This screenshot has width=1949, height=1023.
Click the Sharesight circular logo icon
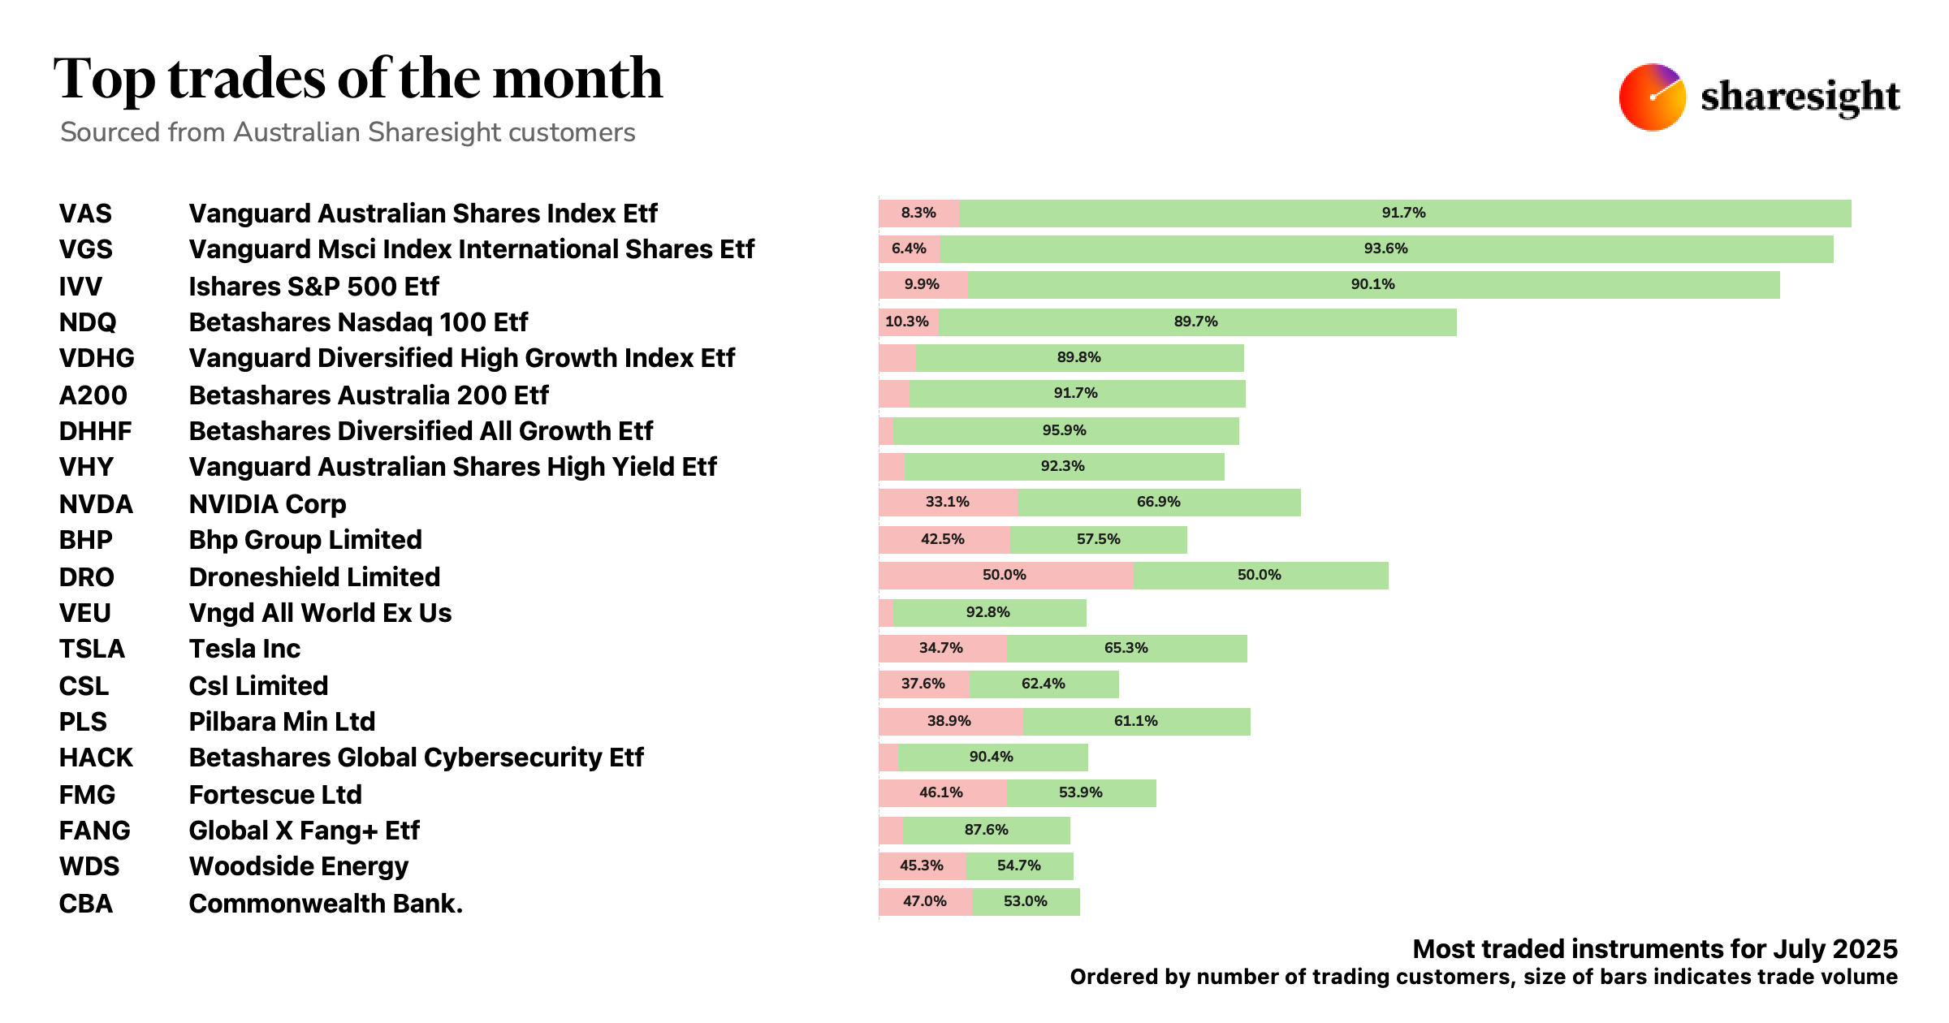(x=1652, y=97)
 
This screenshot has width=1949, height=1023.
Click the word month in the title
(x=577, y=79)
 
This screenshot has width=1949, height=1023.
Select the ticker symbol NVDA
(x=96, y=504)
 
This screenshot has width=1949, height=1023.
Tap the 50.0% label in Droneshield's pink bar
(x=1004, y=575)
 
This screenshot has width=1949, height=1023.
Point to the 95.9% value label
(x=1064, y=430)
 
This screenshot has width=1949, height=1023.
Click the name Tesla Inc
(x=244, y=649)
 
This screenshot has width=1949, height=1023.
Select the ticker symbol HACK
(x=96, y=758)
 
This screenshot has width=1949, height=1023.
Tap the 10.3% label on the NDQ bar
(x=906, y=322)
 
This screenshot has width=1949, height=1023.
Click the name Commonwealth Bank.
(x=326, y=904)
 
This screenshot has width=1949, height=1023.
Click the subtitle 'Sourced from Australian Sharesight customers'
(x=348, y=132)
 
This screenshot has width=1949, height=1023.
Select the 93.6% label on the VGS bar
(x=1385, y=248)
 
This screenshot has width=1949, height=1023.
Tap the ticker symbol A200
(x=93, y=395)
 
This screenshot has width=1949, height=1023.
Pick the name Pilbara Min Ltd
(x=282, y=722)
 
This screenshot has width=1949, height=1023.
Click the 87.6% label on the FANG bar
(x=986, y=830)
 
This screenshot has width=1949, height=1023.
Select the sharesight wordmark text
(x=1800, y=97)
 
